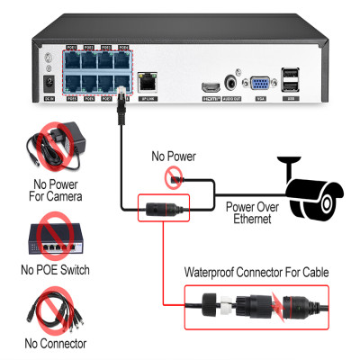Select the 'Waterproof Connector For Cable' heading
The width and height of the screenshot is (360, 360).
point(256,272)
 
